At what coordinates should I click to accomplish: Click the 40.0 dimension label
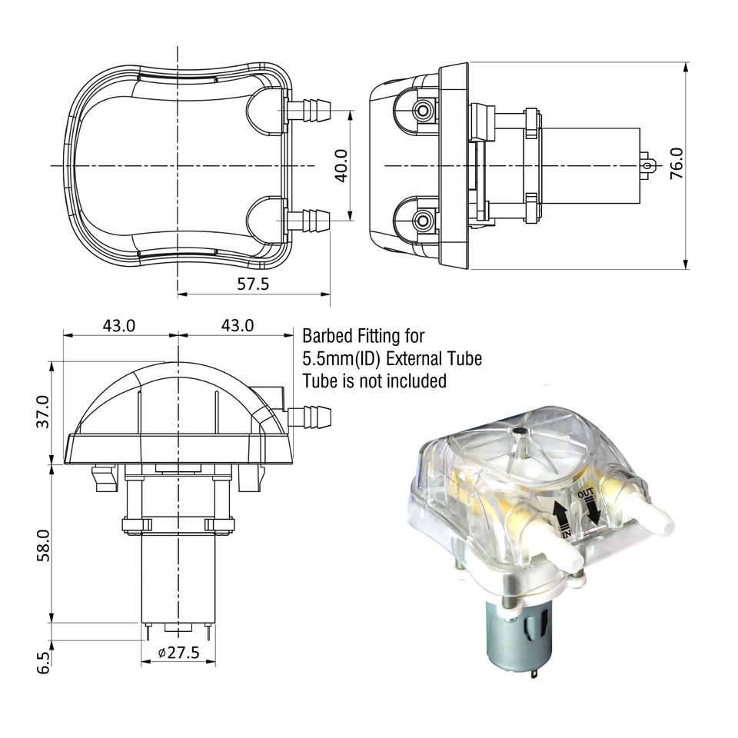[x=341, y=165]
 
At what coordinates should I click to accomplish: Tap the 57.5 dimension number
[x=253, y=284]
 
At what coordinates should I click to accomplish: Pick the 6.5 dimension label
[x=43, y=661]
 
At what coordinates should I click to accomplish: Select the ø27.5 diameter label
[x=178, y=653]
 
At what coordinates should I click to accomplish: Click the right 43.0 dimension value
[x=237, y=325]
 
